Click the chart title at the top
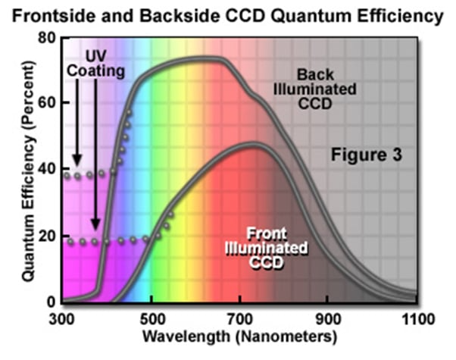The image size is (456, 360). [x=228, y=14]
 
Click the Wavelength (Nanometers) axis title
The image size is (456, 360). [x=240, y=334]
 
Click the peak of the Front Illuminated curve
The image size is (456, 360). [x=254, y=144]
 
